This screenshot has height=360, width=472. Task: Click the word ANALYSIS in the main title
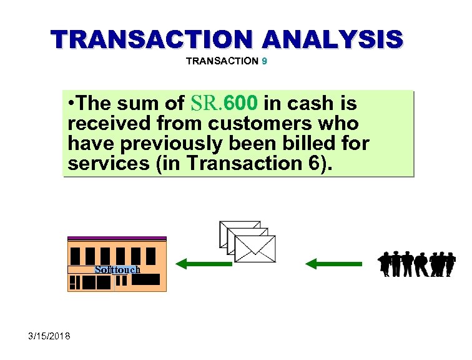(x=333, y=39)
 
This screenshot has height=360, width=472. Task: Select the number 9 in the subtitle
(x=265, y=61)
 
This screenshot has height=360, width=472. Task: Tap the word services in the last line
(x=104, y=163)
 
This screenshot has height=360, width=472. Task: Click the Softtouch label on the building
(x=117, y=270)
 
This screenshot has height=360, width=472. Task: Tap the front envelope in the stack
(x=255, y=249)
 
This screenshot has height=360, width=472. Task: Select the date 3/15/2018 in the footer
(x=49, y=337)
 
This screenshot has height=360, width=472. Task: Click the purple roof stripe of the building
(x=117, y=238)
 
